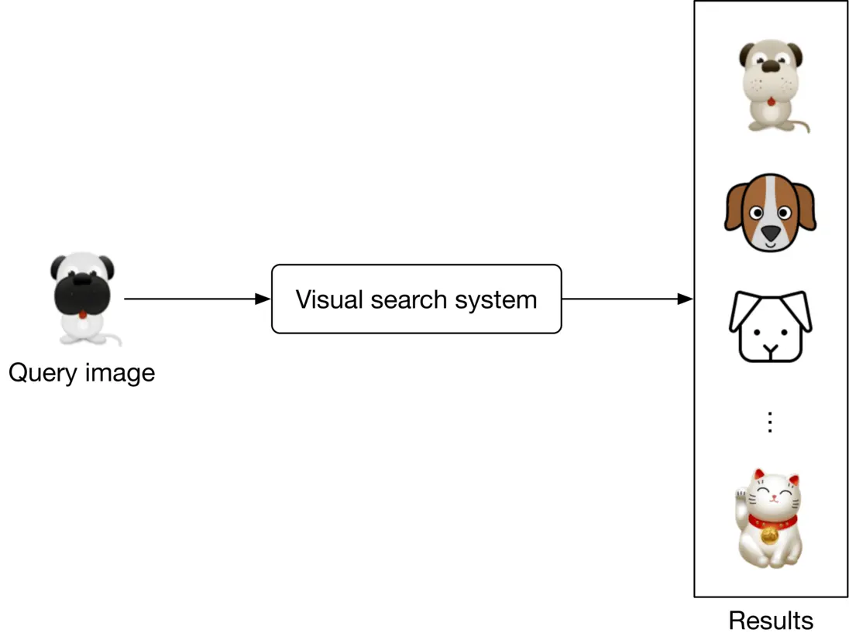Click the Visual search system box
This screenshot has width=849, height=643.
click(416, 299)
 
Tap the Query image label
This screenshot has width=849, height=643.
click(81, 373)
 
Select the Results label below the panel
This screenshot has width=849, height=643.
click(770, 620)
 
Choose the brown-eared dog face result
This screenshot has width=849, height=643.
click(770, 213)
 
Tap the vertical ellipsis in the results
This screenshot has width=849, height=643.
click(769, 422)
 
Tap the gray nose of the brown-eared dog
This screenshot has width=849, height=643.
click(770, 232)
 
